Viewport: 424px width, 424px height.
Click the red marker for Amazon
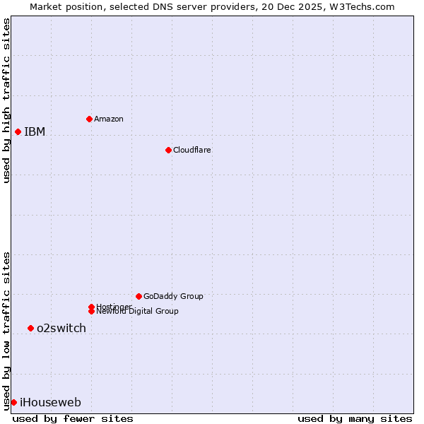(x=89, y=119)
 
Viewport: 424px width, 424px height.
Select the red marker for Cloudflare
(x=168, y=150)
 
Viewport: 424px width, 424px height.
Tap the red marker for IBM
(x=18, y=131)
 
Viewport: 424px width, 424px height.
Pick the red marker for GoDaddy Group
(x=139, y=296)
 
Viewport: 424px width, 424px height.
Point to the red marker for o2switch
(x=30, y=328)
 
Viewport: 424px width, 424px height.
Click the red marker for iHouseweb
(x=13, y=402)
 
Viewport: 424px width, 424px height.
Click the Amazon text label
(x=109, y=119)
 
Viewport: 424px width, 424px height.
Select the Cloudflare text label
(x=192, y=150)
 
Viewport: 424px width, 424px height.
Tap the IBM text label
(x=35, y=131)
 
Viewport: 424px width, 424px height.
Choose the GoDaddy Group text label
(x=173, y=296)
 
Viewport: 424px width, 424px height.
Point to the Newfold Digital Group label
(x=138, y=311)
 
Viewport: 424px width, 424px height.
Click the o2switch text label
(x=61, y=328)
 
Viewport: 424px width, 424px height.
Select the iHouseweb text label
(x=50, y=403)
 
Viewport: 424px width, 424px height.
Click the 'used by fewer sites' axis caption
(x=73, y=418)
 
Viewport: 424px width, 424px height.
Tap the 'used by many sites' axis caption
(x=355, y=418)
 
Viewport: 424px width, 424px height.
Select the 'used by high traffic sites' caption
(x=6, y=100)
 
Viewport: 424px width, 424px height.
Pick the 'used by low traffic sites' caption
(x=6, y=331)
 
